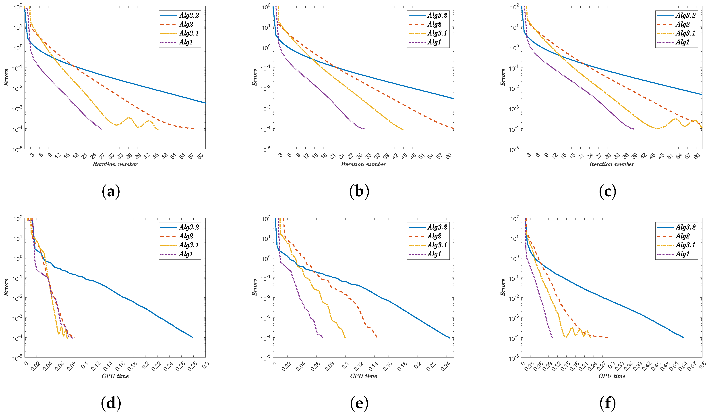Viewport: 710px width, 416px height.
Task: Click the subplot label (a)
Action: click(x=111, y=192)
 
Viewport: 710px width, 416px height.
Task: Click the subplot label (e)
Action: click(x=359, y=403)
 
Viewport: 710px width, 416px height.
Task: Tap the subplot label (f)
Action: click(x=607, y=403)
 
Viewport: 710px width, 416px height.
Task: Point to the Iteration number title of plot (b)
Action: click(x=363, y=164)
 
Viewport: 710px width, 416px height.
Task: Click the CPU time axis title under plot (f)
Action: click(x=612, y=376)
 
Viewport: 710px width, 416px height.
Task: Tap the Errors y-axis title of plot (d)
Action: click(x=6, y=287)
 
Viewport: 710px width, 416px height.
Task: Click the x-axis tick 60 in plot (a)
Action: click(x=200, y=156)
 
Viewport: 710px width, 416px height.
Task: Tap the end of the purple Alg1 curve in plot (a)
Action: click(x=102, y=129)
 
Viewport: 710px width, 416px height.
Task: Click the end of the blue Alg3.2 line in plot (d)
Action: click(x=193, y=338)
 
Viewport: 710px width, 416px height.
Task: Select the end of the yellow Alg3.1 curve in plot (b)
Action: click(x=403, y=130)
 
